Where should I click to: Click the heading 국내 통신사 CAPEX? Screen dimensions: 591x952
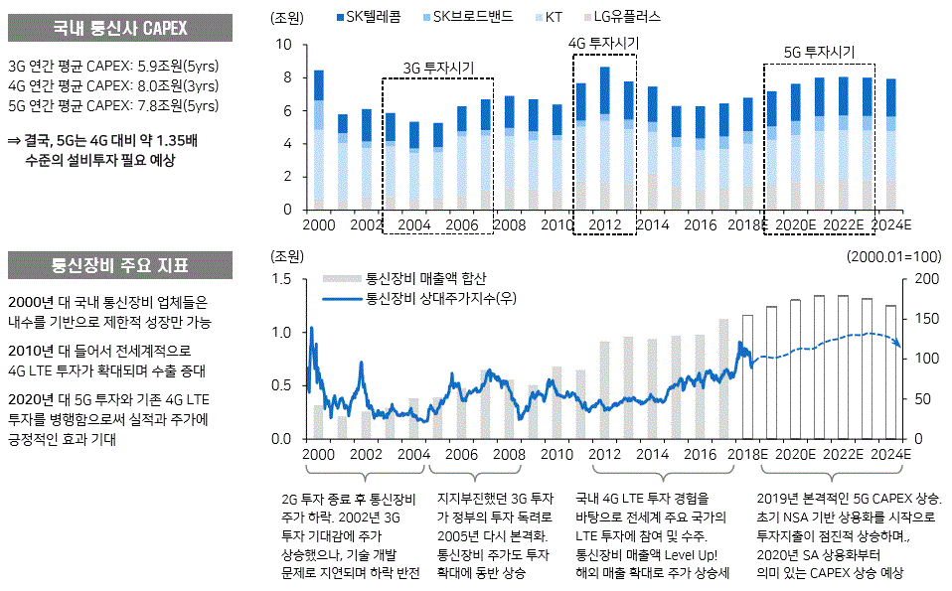pos(119,28)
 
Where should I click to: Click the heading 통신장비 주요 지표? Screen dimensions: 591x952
pos(119,266)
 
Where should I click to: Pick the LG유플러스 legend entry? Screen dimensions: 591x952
pos(626,17)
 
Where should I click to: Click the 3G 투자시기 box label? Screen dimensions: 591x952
pos(438,68)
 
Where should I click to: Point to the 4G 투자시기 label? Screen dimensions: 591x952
pos(603,44)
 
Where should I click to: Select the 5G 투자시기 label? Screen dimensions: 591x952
pos(819,53)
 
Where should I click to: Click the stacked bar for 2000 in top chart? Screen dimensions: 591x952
pos(319,139)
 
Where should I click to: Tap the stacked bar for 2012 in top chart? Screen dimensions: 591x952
pos(604,138)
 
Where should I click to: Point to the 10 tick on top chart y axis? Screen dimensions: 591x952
pos(284,45)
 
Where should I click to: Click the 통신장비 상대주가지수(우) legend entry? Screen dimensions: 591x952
pos(437,297)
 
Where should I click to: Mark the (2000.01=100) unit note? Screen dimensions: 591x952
pos(893,255)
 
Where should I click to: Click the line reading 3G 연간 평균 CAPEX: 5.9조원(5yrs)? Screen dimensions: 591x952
pos(112,67)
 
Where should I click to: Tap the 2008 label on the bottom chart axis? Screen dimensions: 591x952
pos(509,454)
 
